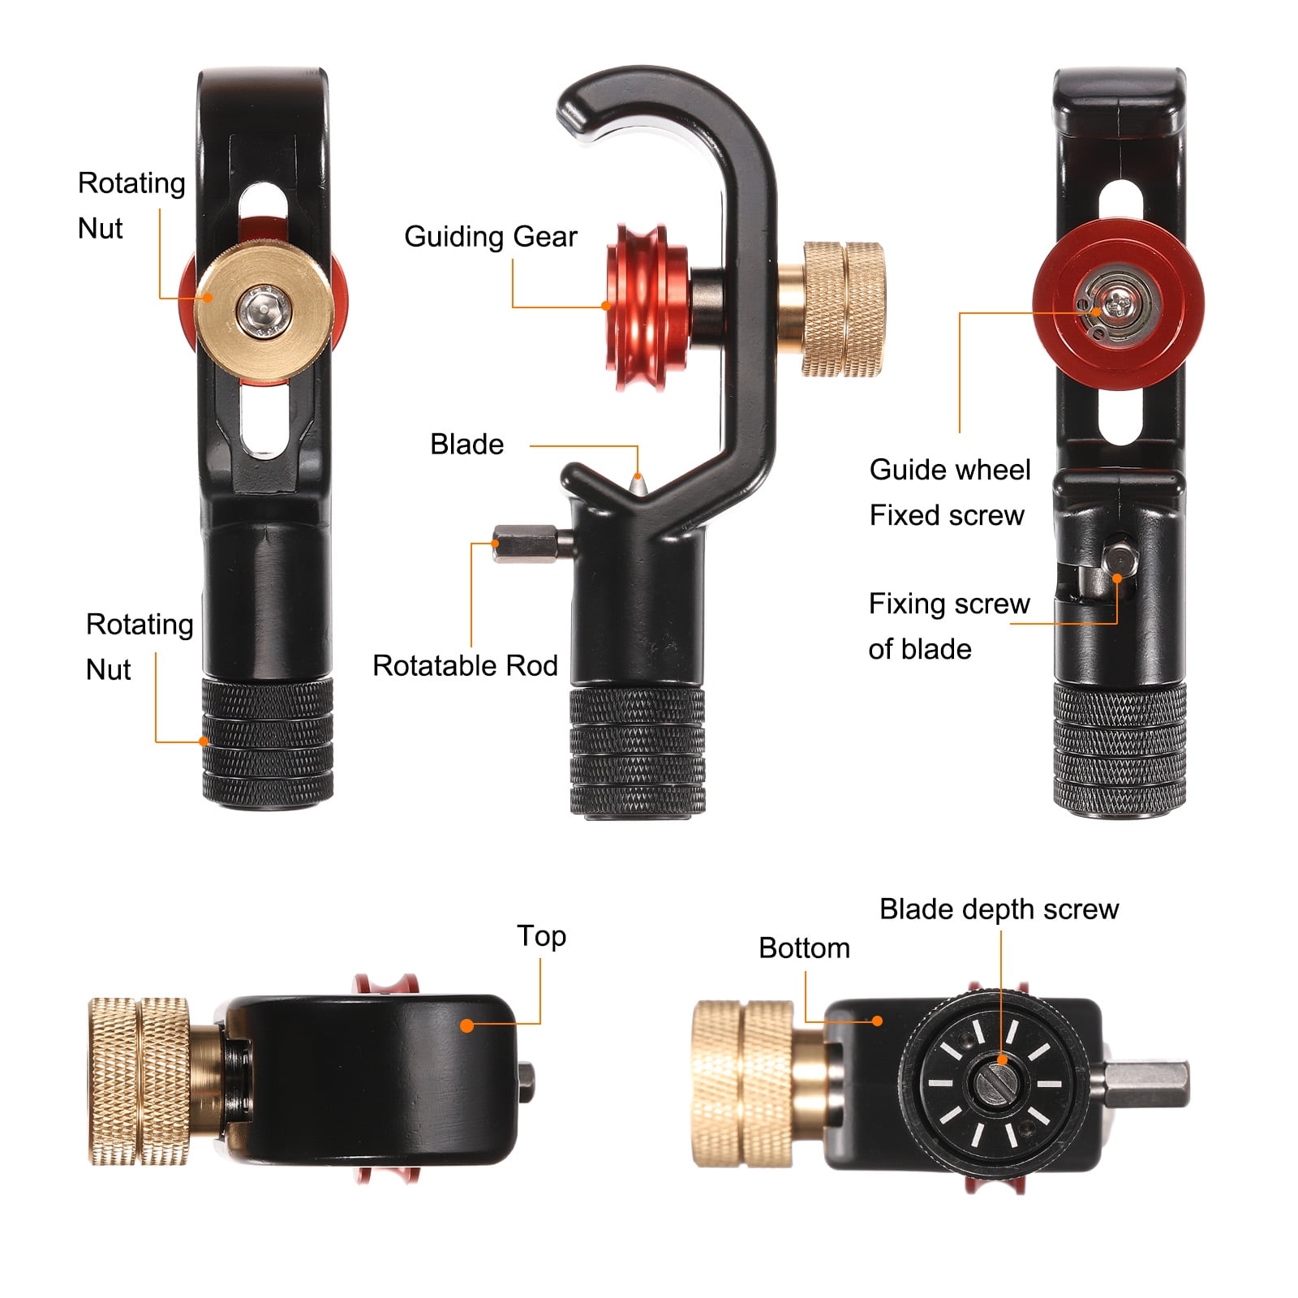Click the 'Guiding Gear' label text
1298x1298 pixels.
tap(490, 237)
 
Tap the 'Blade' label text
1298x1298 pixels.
tap(466, 445)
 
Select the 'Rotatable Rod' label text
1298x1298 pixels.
tap(465, 666)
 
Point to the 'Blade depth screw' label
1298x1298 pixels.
tap(999, 909)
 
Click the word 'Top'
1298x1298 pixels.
tap(541, 936)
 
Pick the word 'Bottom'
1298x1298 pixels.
tap(804, 948)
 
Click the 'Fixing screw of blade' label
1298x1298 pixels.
tap(949, 626)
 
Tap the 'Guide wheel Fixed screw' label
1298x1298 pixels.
tap(949, 492)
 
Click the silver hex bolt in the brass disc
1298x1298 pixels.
tap(262, 309)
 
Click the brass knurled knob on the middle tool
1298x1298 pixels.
tap(843, 309)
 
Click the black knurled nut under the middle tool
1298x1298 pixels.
tap(637, 751)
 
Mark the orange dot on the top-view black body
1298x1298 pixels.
tap(466, 1025)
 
